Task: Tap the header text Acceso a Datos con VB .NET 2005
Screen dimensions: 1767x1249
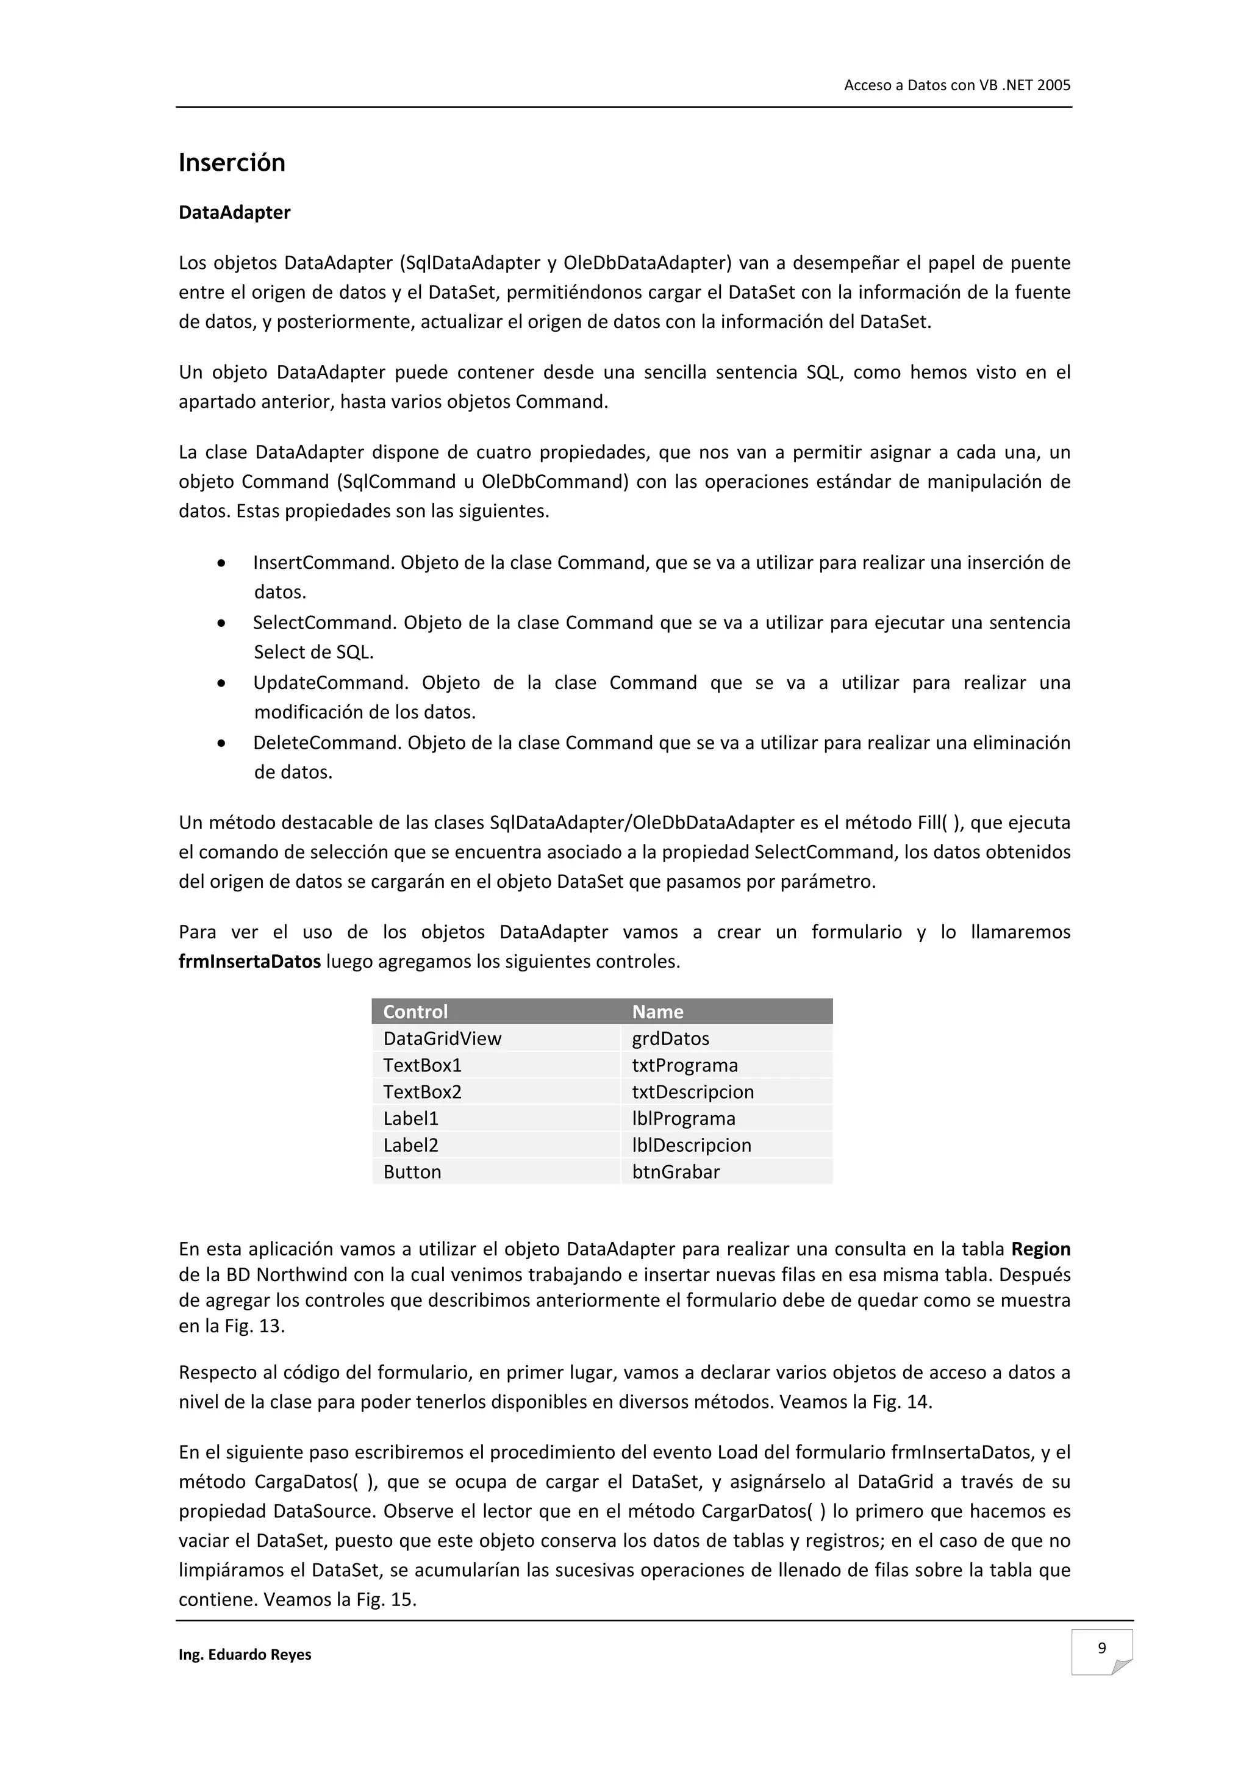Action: (956, 85)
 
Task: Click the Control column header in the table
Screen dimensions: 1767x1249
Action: (415, 1012)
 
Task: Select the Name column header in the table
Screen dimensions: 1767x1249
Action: (657, 1012)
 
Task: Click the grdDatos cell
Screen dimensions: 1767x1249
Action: (670, 1038)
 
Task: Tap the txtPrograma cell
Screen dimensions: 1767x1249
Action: (684, 1065)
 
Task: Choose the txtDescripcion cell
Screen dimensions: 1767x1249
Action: (693, 1091)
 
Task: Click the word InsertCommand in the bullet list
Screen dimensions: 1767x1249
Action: (323, 563)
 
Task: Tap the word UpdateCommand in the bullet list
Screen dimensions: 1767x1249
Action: (327, 683)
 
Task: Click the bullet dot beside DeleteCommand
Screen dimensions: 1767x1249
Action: (221, 743)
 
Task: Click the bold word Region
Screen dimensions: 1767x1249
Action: (1040, 1249)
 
